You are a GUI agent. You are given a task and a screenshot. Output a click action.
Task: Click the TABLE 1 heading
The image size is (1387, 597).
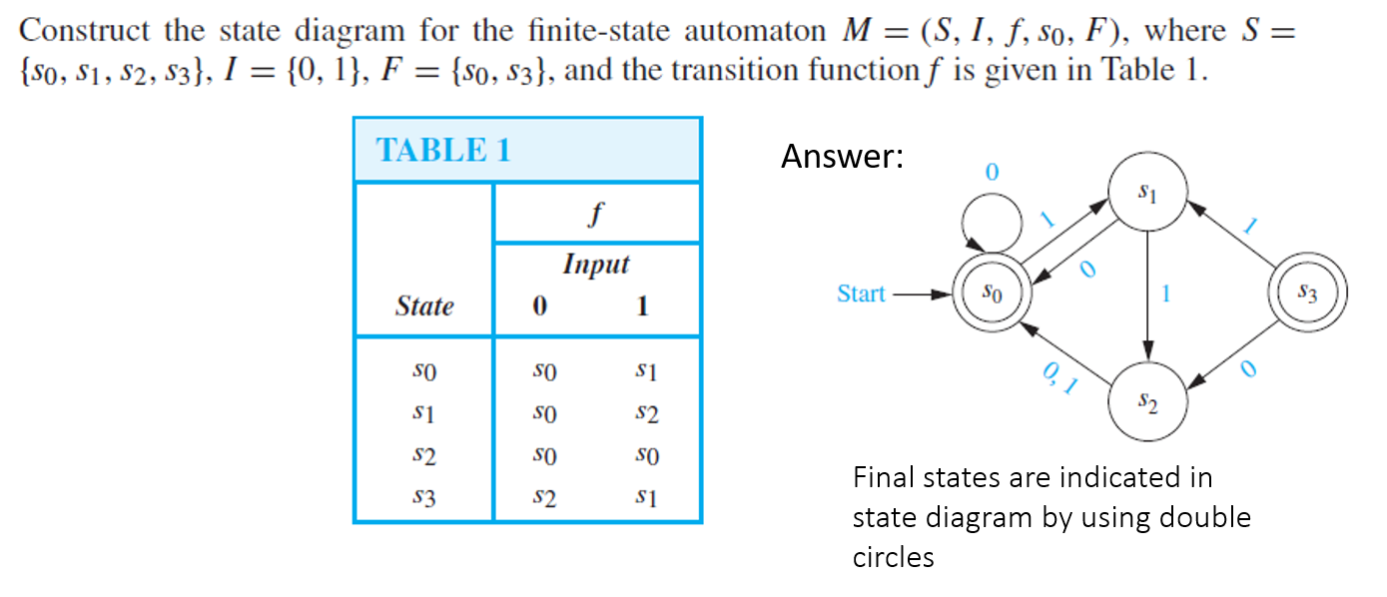click(442, 150)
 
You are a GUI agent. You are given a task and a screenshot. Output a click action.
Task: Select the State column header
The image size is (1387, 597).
click(424, 305)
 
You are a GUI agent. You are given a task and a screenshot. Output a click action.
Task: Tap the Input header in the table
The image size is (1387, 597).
click(596, 265)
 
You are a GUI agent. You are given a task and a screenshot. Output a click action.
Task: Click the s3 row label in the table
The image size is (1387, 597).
click(424, 497)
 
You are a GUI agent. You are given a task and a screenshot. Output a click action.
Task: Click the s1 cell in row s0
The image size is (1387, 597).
click(646, 371)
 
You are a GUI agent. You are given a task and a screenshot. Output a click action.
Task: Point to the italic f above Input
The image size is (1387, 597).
click(596, 213)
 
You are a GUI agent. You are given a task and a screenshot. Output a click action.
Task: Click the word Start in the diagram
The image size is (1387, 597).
click(861, 294)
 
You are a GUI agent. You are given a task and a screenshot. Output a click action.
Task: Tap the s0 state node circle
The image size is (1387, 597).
click(988, 294)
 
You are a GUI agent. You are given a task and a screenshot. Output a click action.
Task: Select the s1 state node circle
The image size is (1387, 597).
click(1148, 191)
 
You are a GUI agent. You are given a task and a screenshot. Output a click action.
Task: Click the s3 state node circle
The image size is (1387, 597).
click(1308, 294)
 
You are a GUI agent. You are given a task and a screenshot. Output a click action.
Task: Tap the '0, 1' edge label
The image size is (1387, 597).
click(1058, 379)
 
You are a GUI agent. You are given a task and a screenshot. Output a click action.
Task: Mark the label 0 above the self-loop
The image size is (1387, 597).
click(991, 172)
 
